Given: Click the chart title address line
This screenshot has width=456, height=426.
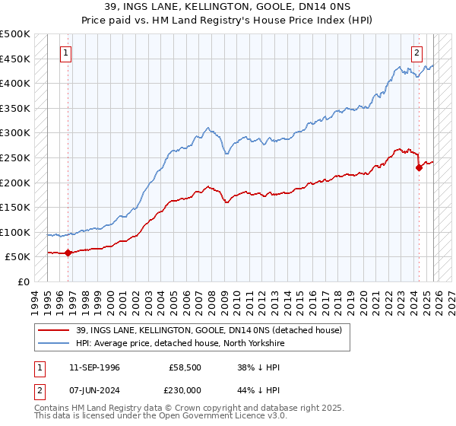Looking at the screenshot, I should pyautogui.click(x=228, y=7).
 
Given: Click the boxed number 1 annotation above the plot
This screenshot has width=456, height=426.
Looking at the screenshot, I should pyautogui.click(x=67, y=53).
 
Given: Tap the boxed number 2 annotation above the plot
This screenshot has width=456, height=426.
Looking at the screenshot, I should pyautogui.click(x=417, y=53).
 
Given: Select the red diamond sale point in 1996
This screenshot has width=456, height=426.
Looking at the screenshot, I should pyautogui.click(x=68, y=253).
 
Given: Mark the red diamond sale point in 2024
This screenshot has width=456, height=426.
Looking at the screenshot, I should pyautogui.click(x=419, y=168).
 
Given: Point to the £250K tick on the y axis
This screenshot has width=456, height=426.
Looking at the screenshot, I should pyautogui.click(x=15, y=157).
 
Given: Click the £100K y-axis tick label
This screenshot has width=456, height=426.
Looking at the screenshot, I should pyautogui.click(x=15, y=232).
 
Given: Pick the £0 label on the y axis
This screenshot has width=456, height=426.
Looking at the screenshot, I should pyautogui.click(x=23, y=281).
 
